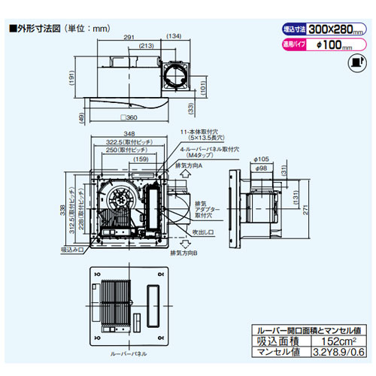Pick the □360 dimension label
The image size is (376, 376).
[x=129, y=119]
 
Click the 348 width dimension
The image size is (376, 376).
[x=130, y=133]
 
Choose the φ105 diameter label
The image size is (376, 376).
[x=262, y=158]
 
